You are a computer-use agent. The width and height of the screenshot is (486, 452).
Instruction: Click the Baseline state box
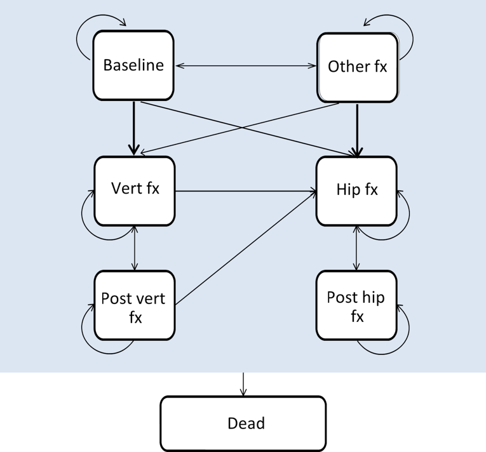(133, 65)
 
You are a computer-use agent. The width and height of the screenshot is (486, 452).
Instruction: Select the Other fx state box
(357, 66)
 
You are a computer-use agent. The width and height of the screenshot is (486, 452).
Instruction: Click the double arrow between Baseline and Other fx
(245, 65)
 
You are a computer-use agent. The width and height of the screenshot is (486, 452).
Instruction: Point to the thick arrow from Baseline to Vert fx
(133, 127)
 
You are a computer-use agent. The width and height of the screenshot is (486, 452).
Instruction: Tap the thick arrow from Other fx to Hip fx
(357, 127)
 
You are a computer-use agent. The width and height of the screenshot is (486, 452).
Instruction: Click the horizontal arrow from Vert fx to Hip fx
(245, 190)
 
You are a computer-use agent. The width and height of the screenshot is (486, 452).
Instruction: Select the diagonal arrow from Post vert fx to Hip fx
(245, 248)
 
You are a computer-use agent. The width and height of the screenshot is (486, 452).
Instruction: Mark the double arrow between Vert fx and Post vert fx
(134, 248)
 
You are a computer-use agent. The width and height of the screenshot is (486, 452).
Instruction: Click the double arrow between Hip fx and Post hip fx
(356, 248)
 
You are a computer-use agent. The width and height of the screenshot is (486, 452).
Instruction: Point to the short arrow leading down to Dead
(243, 383)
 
